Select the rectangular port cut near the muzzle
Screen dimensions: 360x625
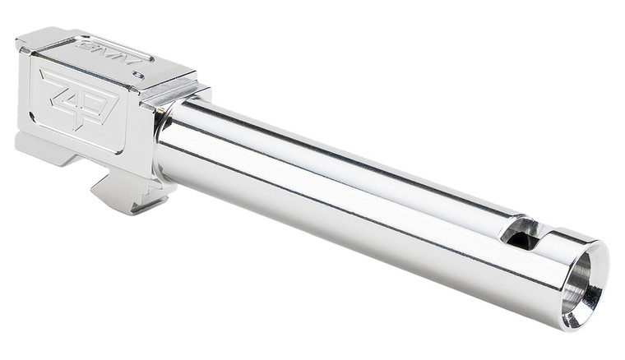pos(520,233)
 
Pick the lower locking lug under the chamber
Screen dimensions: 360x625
pos(123,191)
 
